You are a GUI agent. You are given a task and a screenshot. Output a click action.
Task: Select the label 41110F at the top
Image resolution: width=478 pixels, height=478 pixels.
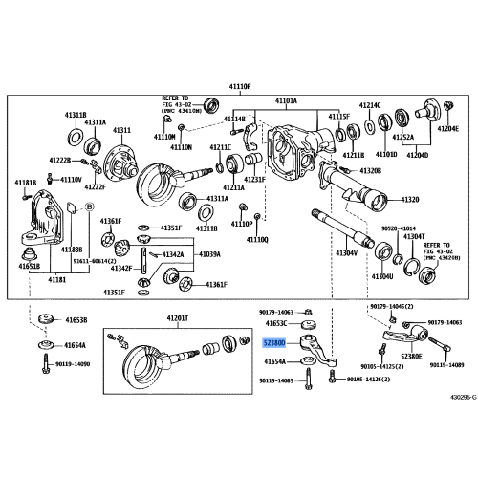pos(238,87)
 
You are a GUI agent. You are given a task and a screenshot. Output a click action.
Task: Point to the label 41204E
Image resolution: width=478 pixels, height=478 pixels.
pos(447,128)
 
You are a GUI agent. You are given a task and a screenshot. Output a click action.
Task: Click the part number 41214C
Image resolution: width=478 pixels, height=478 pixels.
pos(369,105)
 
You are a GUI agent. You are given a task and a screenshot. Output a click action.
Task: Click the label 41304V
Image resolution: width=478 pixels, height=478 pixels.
pos(345,253)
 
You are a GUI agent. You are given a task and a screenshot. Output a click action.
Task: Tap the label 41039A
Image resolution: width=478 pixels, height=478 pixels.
pos(208,255)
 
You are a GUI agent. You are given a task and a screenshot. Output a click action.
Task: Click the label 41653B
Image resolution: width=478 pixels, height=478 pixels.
pos(76,320)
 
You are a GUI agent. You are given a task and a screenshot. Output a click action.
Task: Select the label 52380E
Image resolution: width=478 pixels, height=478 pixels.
pos(411,356)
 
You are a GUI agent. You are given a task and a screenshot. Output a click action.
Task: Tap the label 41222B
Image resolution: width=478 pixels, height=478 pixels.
pos(34,160)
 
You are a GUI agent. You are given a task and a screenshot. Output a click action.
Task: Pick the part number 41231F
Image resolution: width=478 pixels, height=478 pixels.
pos(252,180)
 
